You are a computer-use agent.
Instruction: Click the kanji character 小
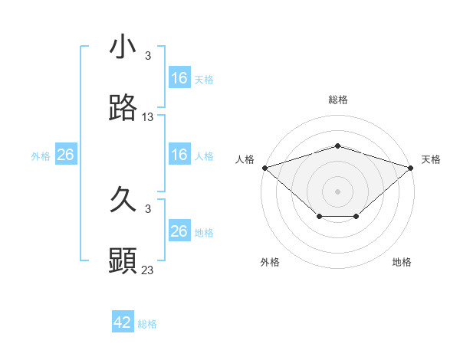(123, 47)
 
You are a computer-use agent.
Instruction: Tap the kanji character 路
(123, 109)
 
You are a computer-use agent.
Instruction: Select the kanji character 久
(123, 201)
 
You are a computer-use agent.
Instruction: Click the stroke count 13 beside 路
(148, 117)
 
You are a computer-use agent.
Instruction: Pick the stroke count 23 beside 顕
(148, 270)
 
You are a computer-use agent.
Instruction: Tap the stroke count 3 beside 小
(148, 55)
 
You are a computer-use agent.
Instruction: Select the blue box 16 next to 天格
(179, 78)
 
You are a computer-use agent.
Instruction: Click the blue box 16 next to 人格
(179, 155)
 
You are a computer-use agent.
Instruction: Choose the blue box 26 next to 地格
(179, 231)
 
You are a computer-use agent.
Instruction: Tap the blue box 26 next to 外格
(65, 155)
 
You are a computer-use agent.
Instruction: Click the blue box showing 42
(123, 322)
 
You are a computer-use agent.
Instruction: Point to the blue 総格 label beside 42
(147, 324)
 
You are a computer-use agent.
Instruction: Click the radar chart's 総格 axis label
(338, 100)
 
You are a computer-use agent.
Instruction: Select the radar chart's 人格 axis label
(245, 159)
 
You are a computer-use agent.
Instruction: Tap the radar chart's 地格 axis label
(402, 263)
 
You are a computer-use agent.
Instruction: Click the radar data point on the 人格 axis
(264, 167)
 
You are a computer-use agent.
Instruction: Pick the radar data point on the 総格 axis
(338, 146)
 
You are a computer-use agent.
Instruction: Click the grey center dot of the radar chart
(338, 191)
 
